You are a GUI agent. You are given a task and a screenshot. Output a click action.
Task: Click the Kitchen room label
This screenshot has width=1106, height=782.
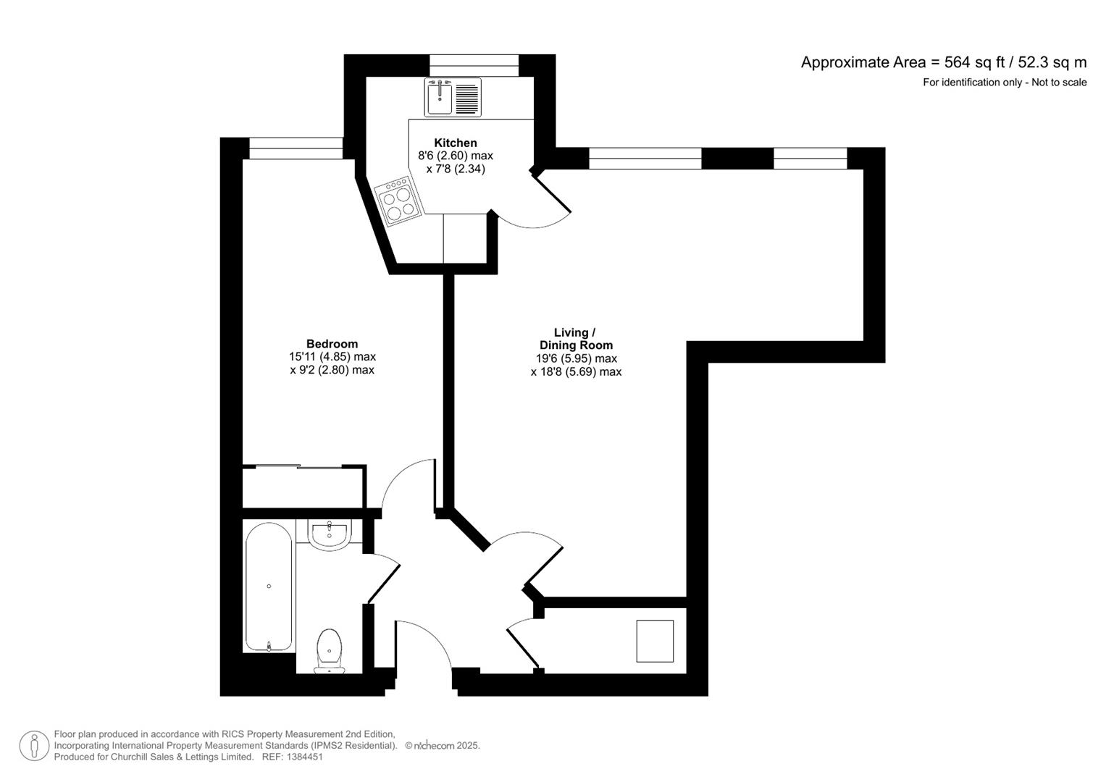(455, 143)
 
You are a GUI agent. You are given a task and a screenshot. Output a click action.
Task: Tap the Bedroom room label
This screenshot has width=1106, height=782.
(332, 344)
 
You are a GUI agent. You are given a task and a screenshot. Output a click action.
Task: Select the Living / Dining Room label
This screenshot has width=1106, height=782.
(576, 339)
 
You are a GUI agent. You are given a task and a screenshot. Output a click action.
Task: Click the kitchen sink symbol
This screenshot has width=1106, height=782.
(453, 97)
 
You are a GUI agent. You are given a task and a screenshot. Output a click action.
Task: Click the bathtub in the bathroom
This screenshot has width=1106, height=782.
(269, 586)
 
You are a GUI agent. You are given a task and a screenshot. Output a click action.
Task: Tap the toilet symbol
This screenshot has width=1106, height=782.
(330, 649)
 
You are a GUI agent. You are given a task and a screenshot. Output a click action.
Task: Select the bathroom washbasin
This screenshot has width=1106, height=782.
(330, 534)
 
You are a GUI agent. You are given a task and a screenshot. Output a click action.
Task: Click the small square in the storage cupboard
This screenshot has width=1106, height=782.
(655, 641)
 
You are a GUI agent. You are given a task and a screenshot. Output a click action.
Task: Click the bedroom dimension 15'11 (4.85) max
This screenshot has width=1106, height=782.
(332, 357)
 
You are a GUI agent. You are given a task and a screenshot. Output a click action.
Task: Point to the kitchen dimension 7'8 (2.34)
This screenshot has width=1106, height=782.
(455, 169)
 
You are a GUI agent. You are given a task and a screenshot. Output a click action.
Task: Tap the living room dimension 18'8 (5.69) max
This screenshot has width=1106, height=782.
(576, 372)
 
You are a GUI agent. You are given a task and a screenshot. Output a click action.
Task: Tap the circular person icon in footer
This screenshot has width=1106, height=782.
(34, 746)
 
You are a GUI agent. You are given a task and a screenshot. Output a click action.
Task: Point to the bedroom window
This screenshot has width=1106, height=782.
(296, 148)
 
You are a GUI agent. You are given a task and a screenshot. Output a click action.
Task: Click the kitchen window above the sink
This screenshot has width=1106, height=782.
(474, 65)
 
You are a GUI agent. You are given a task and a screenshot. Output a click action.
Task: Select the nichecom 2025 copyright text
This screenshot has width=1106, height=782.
(443, 746)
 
